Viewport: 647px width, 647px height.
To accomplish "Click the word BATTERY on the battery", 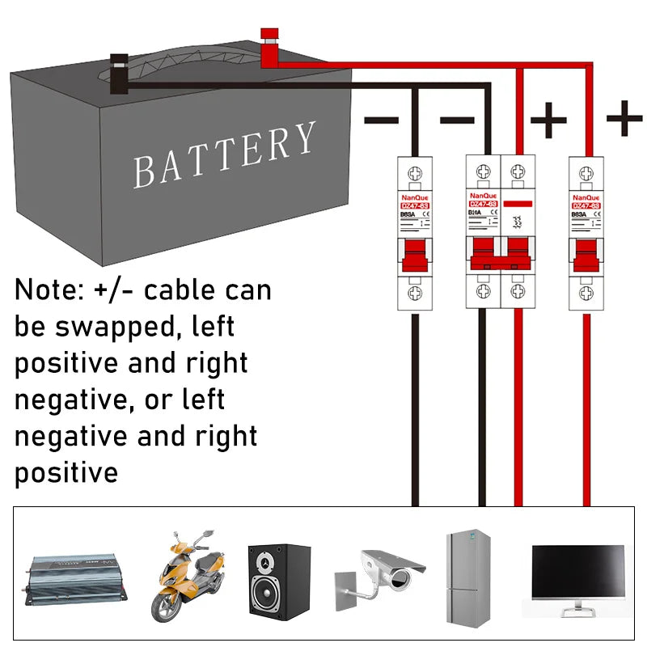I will click(224, 156).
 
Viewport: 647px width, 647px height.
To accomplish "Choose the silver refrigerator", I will click(468, 577).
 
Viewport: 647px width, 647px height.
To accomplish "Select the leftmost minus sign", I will click(381, 121).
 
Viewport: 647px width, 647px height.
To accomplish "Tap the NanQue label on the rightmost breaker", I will click(586, 197).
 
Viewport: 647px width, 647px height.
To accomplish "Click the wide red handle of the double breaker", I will click(501, 259).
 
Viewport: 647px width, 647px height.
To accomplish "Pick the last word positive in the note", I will click(66, 472).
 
